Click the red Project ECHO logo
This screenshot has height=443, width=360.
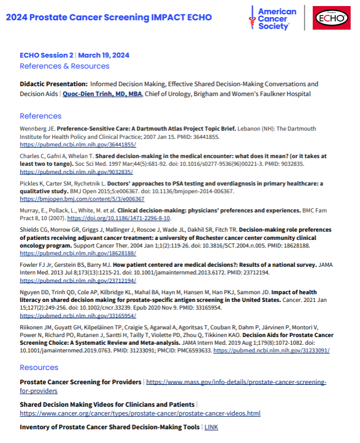pos(331,18)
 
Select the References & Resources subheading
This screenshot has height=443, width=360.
pos(64,66)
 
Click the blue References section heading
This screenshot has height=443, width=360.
pos(41,116)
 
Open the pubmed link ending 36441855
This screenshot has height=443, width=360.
pos(78,144)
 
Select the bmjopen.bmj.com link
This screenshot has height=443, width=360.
pos(82,199)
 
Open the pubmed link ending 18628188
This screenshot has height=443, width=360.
pos(78,254)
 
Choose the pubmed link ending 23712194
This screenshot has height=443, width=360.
pos(78,281)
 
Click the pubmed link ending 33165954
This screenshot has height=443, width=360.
pos(78,316)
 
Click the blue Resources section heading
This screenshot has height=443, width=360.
pos(39,367)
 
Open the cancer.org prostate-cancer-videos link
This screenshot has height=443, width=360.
pos(140,413)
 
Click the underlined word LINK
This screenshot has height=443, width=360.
pos(211,427)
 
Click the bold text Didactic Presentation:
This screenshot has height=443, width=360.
pos(53,84)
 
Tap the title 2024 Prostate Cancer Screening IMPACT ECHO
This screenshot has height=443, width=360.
pos(109,17)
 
